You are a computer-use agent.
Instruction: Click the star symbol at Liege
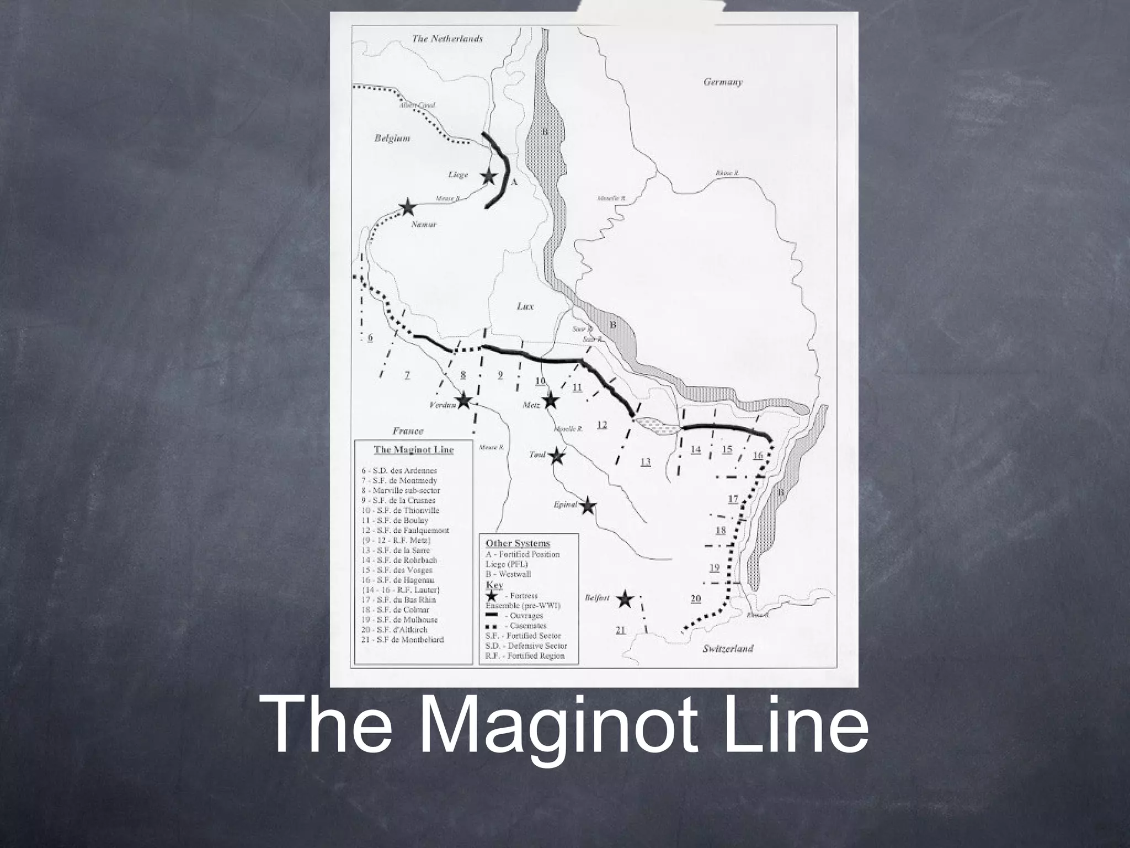488,177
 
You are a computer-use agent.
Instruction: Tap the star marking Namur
407,207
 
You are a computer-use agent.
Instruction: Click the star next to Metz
550,401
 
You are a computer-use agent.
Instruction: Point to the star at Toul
557,456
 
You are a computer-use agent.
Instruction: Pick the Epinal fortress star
588,505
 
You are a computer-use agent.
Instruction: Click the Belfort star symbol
624,599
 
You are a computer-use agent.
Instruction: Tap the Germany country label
723,82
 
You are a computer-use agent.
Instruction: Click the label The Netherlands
447,39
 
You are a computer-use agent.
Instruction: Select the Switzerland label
727,649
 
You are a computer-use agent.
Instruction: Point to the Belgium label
392,139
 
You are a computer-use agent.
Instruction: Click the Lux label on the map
525,306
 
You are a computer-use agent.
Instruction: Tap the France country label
408,431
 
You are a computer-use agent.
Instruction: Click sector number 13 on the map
645,462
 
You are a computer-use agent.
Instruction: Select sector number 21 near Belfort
621,630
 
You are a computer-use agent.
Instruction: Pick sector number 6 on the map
370,337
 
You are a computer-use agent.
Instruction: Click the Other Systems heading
518,543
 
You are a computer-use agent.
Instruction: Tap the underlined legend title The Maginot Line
413,449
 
